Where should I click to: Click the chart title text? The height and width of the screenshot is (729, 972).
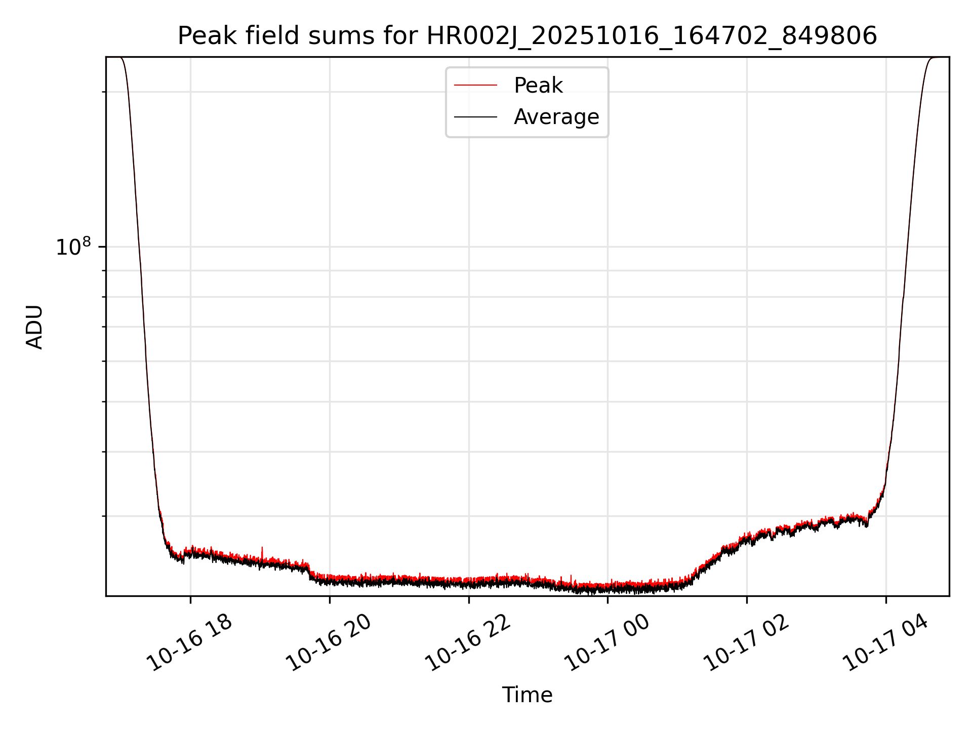point(527,36)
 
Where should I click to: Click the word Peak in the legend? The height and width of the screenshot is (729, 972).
point(538,86)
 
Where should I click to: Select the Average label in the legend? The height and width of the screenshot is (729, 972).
point(556,117)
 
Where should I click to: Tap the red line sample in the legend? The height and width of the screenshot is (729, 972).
point(475,86)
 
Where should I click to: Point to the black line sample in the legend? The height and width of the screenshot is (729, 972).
point(475,117)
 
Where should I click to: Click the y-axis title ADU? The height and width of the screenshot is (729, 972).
point(34,327)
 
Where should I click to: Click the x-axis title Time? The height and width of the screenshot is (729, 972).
point(527,695)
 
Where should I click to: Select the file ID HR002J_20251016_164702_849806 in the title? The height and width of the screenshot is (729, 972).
point(652,36)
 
